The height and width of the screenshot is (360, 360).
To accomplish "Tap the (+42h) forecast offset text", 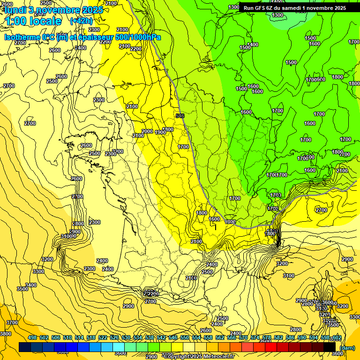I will pyautogui.click(x=81, y=21).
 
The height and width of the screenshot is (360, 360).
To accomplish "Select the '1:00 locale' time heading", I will pyautogui.click(x=33, y=21).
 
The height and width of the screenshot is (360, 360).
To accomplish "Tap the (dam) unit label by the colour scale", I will pyautogui.click(x=347, y=348).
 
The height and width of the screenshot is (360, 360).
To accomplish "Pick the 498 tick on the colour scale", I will pyautogui.click(x=32, y=337).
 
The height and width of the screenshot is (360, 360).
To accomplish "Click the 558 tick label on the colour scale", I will pyautogui.click(x=208, y=337).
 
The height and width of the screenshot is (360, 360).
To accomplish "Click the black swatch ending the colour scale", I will pyautogui.click(x=329, y=347).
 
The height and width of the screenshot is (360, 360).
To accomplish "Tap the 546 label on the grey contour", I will pyautogui.click(x=180, y=116).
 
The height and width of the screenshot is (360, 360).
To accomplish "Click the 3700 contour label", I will pyautogui.click(x=12, y=322).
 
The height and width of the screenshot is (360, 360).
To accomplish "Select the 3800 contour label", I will pyautogui.click(x=6, y=334).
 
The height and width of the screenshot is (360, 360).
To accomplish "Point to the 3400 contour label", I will pyautogui.click(x=31, y=285).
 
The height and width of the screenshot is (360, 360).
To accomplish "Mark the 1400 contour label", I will pyautogui.click(x=253, y=45).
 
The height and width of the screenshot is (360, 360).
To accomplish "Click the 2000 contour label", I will pyautogui.click(x=147, y=131).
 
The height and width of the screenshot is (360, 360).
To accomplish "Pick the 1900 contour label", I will pyautogui.click(x=160, y=132).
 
